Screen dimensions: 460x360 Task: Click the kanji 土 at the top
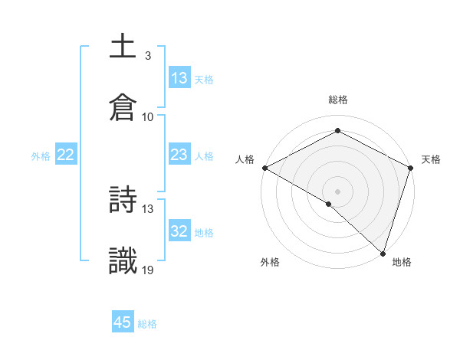point(123,47)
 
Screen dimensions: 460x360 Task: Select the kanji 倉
point(123,108)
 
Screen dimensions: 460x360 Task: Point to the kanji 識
point(123,261)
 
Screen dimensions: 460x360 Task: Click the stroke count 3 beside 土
point(147,56)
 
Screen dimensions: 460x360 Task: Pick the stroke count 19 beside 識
point(148,270)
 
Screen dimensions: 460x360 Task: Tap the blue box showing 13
point(179,78)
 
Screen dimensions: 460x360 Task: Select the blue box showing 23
point(179,155)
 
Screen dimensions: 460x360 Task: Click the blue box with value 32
point(179,231)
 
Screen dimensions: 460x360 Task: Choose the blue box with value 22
point(66,155)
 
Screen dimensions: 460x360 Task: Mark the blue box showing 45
point(123,322)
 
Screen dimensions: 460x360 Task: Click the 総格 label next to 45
point(147,324)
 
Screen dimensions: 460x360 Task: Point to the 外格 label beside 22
point(41,156)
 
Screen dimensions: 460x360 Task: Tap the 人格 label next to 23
point(204,156)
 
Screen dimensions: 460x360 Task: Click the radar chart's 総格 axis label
point(337,100)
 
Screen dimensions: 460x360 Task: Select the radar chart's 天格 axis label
point(431,159)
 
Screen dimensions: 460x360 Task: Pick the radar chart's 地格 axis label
point(402,263)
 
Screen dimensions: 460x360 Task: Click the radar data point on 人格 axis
point(264,167)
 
